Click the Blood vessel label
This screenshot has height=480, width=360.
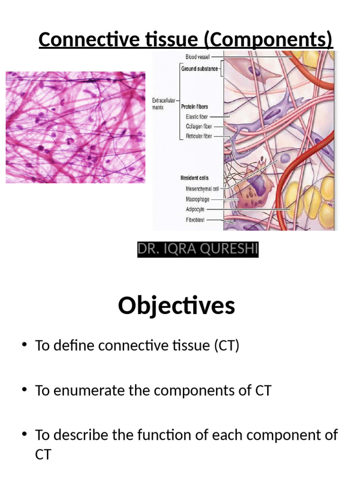click(197, 57)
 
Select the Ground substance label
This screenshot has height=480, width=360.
click(199, 69)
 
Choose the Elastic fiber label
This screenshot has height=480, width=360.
click(197, 117)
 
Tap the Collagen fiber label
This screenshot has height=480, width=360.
click(198, 127)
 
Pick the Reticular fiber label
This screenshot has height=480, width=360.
click(198, 136)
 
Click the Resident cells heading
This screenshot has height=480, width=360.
click(195, 178)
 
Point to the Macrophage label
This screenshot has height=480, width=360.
click(197, 199)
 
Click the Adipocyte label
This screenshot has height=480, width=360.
click(195, 209)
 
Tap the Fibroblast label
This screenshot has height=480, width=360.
click(195, 219)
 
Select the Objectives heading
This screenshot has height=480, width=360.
click(176, 306)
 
